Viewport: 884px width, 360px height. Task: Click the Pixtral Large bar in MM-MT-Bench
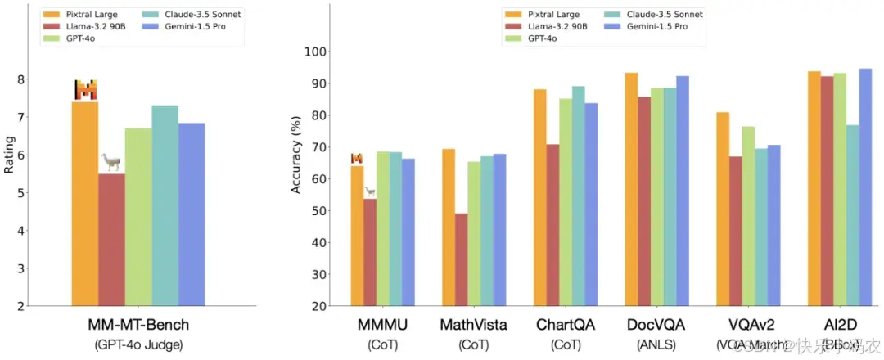(x=85, y=204)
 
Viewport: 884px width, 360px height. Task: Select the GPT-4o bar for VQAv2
(x=748, y=216)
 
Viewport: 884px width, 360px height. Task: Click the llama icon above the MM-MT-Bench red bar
(x=110, y=161)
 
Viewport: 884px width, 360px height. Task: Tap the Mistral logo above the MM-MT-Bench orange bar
(x=85, y=90)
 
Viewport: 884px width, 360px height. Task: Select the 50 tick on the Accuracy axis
(x=320, y=211)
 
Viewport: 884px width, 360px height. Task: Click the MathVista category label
(x=473, y=325)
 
